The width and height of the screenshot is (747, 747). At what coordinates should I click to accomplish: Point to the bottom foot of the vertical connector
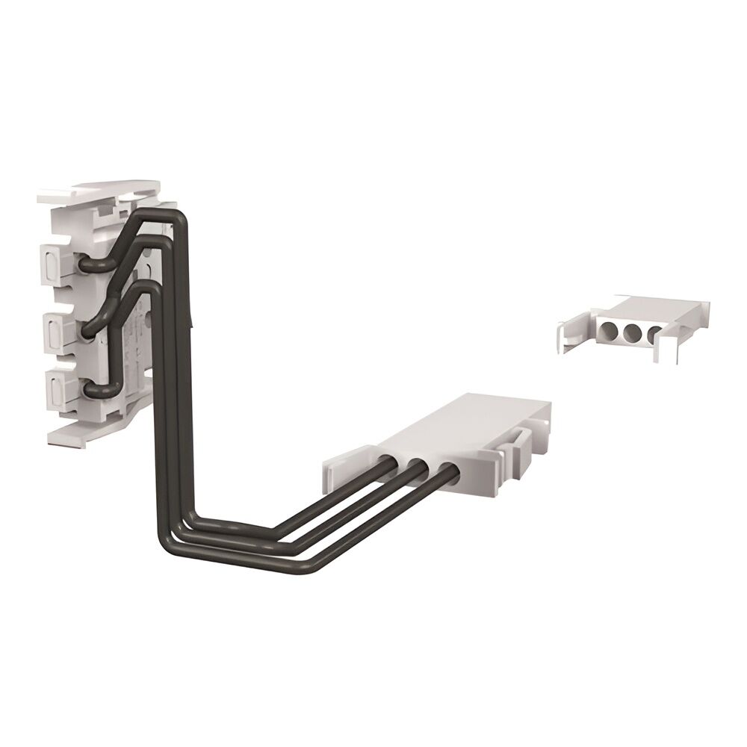[82, 434]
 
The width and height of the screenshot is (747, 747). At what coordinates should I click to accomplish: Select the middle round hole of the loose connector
[633, 331]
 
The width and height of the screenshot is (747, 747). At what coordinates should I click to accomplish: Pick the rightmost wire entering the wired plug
[447, 472]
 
